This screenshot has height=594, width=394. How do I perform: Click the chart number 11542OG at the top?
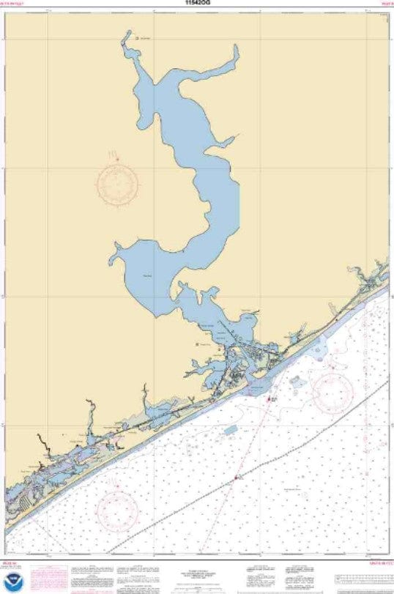[x=197, y=3]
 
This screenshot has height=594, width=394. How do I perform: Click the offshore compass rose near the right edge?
[x=333, y=393]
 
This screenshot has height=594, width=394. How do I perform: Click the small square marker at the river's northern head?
[x=137, y=38]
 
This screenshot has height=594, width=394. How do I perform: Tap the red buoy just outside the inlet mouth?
[x=270, y=399]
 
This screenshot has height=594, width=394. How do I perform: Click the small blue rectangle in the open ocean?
[x=231, y=429]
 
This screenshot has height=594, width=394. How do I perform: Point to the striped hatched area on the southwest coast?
[x=24, y=502]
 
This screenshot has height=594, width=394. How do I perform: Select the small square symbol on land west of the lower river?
[x=197, y=344]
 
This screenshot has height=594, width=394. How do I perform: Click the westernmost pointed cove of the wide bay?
[x=112, y=259]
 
